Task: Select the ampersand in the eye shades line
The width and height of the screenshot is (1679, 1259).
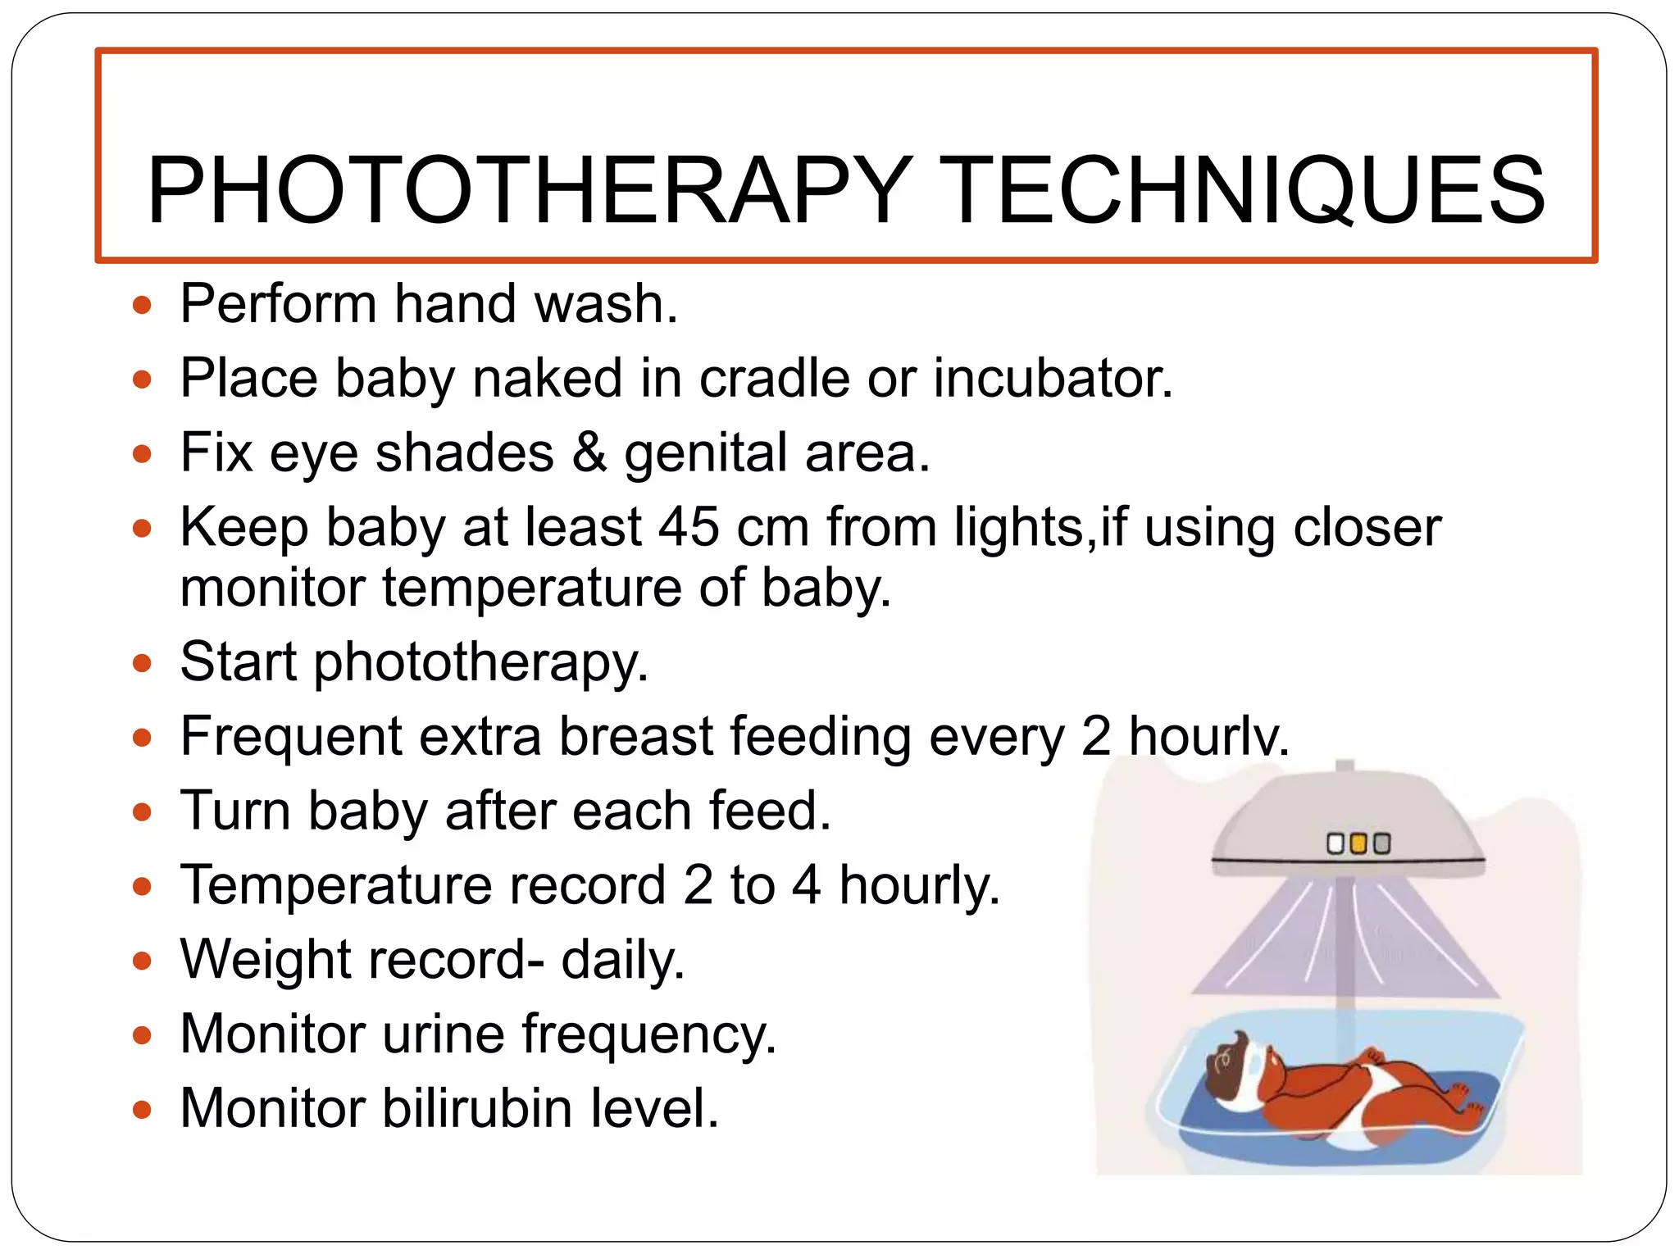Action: pos(589,452)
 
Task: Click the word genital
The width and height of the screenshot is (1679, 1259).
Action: pos(706,454)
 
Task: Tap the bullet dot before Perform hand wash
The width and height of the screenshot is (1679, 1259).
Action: pos(143,306)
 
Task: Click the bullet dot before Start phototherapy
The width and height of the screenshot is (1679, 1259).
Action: pos(143,662)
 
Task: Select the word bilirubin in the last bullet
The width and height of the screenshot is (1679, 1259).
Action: pos(476,1108)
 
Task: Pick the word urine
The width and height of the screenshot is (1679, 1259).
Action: pos(443,1034)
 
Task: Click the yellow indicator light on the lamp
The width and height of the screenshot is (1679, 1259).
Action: pos(1358,843)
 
